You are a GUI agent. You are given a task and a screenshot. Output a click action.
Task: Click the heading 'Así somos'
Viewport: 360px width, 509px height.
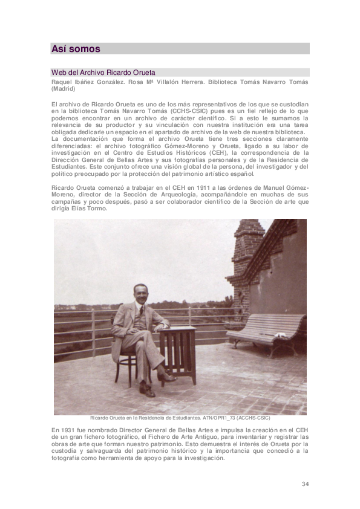coord(76,49)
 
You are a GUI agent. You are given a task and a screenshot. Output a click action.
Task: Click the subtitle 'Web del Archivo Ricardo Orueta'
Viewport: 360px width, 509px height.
coord(103,73)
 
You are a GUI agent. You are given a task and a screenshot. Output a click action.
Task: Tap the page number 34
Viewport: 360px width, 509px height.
coord(305,484)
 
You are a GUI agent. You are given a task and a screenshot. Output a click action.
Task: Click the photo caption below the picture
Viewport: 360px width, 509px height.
coord(180,418)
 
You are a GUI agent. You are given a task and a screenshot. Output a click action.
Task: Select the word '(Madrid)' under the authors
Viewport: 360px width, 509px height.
coord(64,88)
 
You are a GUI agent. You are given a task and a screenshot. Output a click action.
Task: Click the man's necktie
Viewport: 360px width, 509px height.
coord(142,314)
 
